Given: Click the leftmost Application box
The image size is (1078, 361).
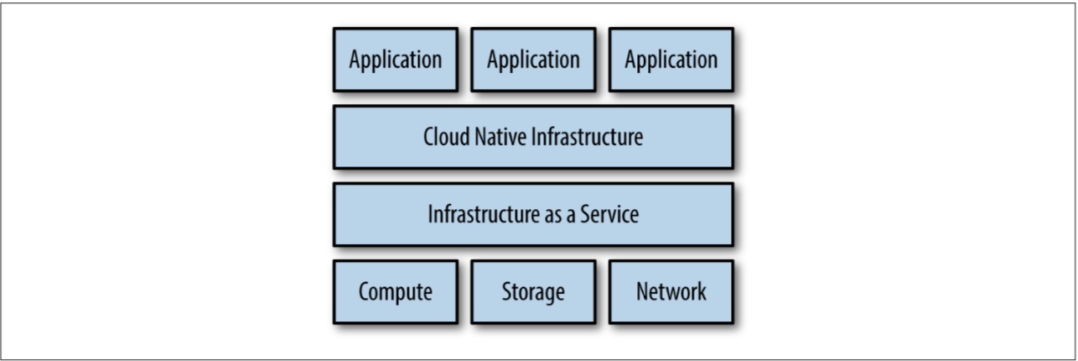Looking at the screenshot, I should click(395, 60).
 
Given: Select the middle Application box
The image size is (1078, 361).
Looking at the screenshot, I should click(533, 60).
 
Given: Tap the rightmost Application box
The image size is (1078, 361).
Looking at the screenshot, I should click(671, 60).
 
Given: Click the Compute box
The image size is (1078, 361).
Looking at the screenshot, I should click(395, 292).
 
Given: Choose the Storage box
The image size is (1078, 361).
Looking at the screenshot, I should click(533, 292).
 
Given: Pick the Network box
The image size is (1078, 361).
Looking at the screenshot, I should click(671, 292).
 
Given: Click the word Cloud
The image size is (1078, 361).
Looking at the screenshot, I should click(443, 137).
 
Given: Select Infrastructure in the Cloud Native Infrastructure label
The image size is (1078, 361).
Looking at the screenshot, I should click(586, 137).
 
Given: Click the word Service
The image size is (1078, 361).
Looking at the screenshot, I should click(609, 214).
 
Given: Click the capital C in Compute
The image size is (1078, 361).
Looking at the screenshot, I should click(363, 292).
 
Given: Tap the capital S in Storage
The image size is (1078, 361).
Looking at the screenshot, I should click(505, 292).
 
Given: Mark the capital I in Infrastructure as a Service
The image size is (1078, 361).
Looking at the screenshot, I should click(430, 214).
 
